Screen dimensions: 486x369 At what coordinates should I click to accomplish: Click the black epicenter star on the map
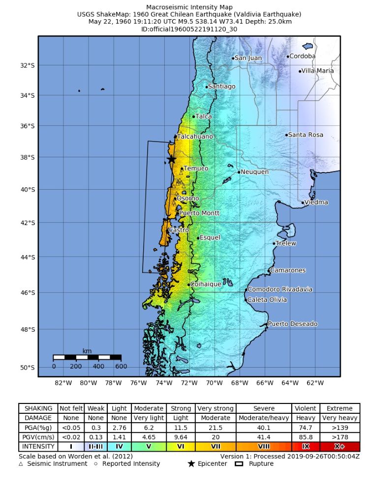pos(171,160)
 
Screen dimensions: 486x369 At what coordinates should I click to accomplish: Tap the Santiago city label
pos(222,86)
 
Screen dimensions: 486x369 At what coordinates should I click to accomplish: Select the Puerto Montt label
pos(199,213)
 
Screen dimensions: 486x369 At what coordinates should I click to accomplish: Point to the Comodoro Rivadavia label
pos(279,289)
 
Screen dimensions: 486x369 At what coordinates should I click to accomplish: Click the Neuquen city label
pos(255,172)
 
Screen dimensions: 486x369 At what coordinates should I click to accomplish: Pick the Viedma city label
pos(316,202)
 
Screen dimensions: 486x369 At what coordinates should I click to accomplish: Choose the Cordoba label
pos(303,56)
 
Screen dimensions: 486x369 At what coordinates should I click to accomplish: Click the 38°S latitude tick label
pos(27,157)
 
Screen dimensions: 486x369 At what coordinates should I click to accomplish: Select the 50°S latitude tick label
pos(27,368)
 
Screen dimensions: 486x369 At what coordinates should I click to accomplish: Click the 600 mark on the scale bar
pos(121,366)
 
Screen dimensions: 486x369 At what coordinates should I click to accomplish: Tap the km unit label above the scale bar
pos(87,351)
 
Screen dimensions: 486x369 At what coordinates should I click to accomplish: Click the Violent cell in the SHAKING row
pos(306,408)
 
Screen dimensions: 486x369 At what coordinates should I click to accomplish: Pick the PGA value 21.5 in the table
pos(215,428)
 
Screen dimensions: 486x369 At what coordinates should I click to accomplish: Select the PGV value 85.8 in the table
pos(306,437)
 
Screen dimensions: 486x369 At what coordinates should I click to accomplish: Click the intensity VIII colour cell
pos(264,447)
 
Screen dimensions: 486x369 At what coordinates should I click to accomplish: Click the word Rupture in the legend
pos(261,463)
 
